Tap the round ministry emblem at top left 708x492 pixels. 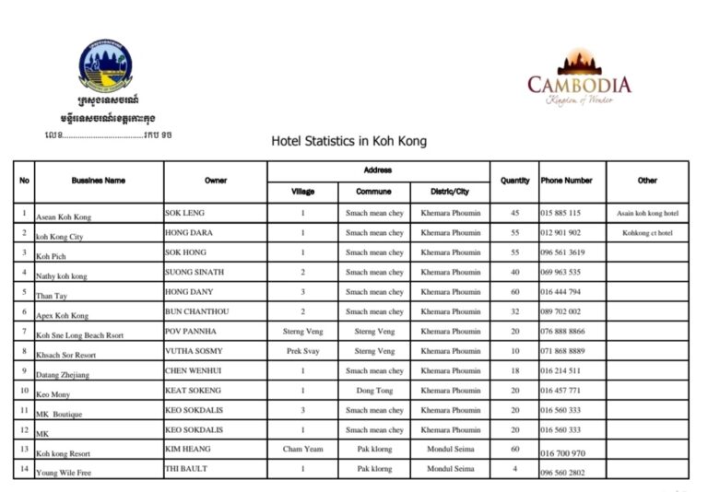(105, 64)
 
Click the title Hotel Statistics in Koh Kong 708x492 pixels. (348, 142)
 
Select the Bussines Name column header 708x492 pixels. (98, 181)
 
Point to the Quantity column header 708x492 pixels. (514, 181)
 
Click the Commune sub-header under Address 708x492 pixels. (374, 192)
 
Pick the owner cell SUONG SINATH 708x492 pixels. (194, 273)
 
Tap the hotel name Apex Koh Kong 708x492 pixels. (62, 316)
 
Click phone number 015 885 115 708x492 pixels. (560, 213)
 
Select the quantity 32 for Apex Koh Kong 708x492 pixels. (514, 312)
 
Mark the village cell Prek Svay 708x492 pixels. (302, 351)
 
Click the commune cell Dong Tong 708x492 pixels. (374, 391)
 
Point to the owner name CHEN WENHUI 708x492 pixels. (194, 370)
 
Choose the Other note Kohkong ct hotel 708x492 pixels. (647, 233)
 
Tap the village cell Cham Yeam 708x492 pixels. (302, 450)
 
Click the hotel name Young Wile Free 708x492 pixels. (65, 474)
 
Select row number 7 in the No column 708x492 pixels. (24, 331)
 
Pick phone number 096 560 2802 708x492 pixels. (562, 473)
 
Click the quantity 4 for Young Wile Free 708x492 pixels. (514, 469)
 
